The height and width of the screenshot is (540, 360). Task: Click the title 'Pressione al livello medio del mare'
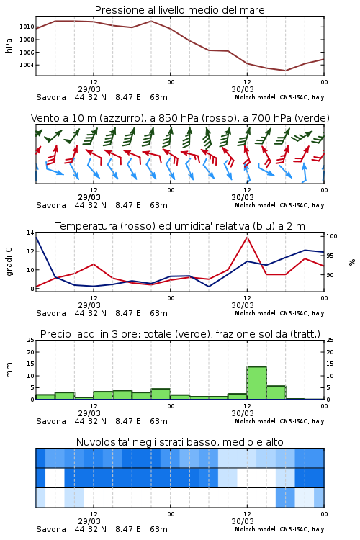[x=179, y=10]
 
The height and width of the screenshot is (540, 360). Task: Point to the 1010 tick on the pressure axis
[x=27, y=27]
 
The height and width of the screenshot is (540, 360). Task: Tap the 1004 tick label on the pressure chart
[x=27, y=65]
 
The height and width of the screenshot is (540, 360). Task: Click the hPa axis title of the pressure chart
[x=9, y=45]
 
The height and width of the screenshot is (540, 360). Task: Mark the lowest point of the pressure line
[x=285, y=71]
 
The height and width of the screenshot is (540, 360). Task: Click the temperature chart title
[x=179, y=226]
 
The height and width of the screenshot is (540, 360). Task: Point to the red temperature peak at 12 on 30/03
[x=247, y=237]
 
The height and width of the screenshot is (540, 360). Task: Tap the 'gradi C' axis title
[x=9, y=261]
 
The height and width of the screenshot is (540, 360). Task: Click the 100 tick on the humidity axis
[x=331, y=236]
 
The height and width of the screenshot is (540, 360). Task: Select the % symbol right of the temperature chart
[x=352, y=262]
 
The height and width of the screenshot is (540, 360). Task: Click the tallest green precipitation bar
[x=256, y=383]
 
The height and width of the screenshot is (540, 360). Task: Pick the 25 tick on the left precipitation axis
[x=31, y=340]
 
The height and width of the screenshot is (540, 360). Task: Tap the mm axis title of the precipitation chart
[x=9, y=369]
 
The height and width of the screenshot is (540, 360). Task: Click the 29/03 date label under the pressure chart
[x=89, y=89]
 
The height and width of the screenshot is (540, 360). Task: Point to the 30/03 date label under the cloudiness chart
[x=243, y=521]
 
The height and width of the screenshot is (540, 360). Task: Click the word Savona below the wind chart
[x=51, y=205]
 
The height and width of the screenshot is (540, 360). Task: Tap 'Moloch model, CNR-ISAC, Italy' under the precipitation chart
[x=279, y=421]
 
